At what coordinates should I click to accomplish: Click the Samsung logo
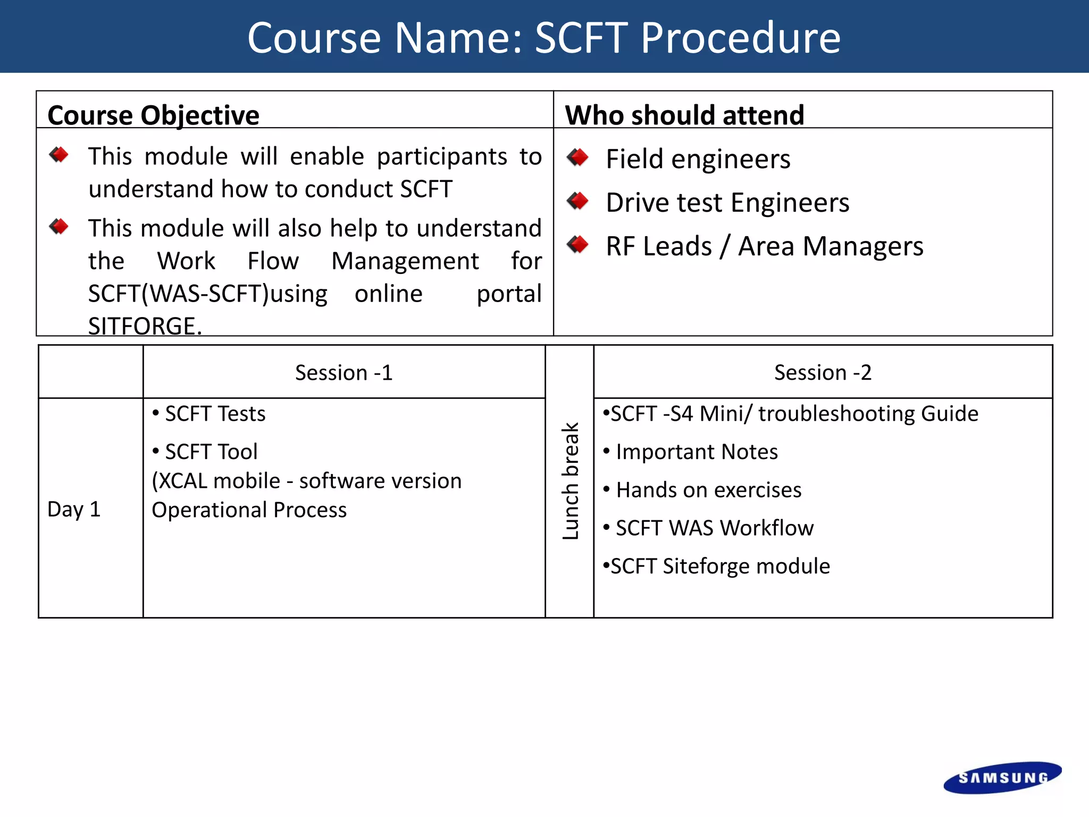(x=1002, y=778)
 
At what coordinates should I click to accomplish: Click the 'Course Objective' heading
(x=154, y=115)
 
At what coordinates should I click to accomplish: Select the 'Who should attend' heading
(x=685, y=115)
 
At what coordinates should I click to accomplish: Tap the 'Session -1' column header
(x=344, y=372)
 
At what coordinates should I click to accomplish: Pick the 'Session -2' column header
(x=823, y=372)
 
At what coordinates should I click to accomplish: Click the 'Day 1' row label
(x=74, y=509)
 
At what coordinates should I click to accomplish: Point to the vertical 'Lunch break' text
(x=570, y=481)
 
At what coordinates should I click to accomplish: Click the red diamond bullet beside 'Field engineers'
(x=578, y=157)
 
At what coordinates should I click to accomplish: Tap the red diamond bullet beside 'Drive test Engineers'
(x=578, y=201)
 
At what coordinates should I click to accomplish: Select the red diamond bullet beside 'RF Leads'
(x=578, y=245)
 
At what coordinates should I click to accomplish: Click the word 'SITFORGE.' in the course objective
(x=145, y=326)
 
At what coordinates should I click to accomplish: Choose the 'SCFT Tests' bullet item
(x=209, y=414)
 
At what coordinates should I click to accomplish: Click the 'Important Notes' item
(x=690, y=452)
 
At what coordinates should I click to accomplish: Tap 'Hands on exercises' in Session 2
(x=702, y=490)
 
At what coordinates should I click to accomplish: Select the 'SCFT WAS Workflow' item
(x=708, y=528)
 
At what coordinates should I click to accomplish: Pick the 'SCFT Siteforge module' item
(x=716, y=566)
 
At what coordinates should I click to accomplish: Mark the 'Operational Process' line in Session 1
(x=249, y=510)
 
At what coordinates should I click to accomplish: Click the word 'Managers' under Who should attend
(x=863, y=246)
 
